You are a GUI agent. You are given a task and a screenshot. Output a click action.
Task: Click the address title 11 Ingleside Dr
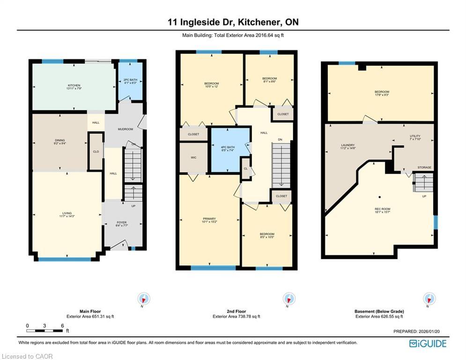point(233,22)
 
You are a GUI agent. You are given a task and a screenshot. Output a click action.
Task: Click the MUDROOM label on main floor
point(125,129)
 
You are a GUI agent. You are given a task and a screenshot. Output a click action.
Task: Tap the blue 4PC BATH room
point(229,149)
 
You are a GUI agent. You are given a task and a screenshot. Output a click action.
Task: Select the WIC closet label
point(193,157)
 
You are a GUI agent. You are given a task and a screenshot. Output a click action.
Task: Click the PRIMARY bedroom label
point(209,220)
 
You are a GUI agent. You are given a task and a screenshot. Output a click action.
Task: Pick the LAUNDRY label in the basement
point(348,146)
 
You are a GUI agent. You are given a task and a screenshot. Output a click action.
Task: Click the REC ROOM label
point(382,210)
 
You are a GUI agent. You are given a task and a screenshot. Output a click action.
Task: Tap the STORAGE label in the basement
point(424,167)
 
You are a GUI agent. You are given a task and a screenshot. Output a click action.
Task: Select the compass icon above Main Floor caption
point(144,299)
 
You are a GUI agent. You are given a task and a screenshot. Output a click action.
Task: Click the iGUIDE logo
point(428,344)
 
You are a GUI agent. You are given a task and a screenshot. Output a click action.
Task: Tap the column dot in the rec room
point(380,197)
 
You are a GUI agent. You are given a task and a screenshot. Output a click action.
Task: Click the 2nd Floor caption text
point(236,311)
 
